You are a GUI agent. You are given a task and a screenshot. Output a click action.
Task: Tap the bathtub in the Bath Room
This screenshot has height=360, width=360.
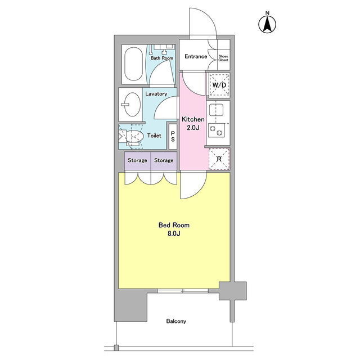click(x=133, y=64)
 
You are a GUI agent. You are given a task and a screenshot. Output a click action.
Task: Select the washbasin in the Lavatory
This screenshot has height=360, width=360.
click(x=132, y=105)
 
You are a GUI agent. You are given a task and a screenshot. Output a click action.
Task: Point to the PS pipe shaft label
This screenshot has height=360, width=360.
click(x=173, y=136)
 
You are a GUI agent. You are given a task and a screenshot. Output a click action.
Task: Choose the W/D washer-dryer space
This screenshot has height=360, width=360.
click(x=219, y=85)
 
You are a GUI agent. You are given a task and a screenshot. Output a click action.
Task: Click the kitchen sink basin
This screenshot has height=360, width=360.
click(x=216, y=110)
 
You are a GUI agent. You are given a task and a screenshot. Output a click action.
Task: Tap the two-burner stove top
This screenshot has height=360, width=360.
click(x=217, y=130)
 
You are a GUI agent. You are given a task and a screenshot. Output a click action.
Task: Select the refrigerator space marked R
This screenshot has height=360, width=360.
click(x=219, y=159)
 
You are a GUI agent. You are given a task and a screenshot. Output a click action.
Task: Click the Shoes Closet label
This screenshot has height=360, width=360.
click(x=223, y=58)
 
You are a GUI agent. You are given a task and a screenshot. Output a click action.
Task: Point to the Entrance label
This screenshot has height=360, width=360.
click(x=196, y=56)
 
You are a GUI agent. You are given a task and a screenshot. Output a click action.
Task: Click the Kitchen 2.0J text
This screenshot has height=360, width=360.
click(x=193, y=123)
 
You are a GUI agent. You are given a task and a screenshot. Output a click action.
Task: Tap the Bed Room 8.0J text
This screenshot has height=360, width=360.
click(x=174, y=229)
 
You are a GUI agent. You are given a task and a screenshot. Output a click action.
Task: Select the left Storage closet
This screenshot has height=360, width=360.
click(x=137, y=161)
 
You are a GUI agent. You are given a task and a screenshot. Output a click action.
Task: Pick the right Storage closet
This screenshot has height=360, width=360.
click(x=164, y=161)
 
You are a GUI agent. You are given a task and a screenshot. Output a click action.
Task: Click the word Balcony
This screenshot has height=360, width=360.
click(x=176, y=321)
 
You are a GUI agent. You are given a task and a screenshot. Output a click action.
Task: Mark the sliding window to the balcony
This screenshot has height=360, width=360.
click(x=183, y=291)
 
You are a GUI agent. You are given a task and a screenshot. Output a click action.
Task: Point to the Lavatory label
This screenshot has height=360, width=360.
click(x=156, y=94)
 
